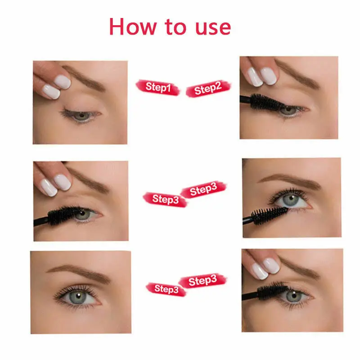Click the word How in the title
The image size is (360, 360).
[x=133, y=27]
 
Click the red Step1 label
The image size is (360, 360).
[x=157, y=87]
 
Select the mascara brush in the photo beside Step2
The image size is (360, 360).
[x=265, y=102]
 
